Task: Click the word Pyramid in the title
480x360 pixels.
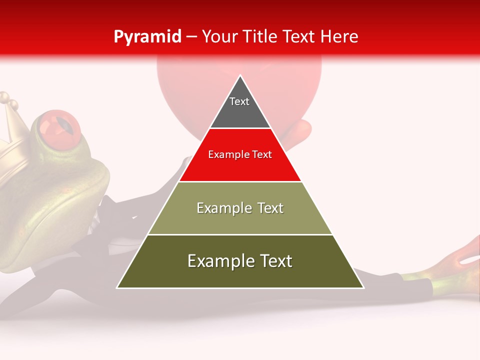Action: [x=147, y=37]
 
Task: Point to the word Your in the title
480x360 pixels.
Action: [x=219, y=37]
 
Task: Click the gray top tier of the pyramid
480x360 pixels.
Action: [x=240, y=112]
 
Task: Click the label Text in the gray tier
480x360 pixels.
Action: [x=239, y=101]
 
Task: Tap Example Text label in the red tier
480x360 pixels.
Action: [x=240, y=154]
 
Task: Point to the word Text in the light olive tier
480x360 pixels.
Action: [x=267, y=208]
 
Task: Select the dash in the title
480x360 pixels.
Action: [x=191, y=37]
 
